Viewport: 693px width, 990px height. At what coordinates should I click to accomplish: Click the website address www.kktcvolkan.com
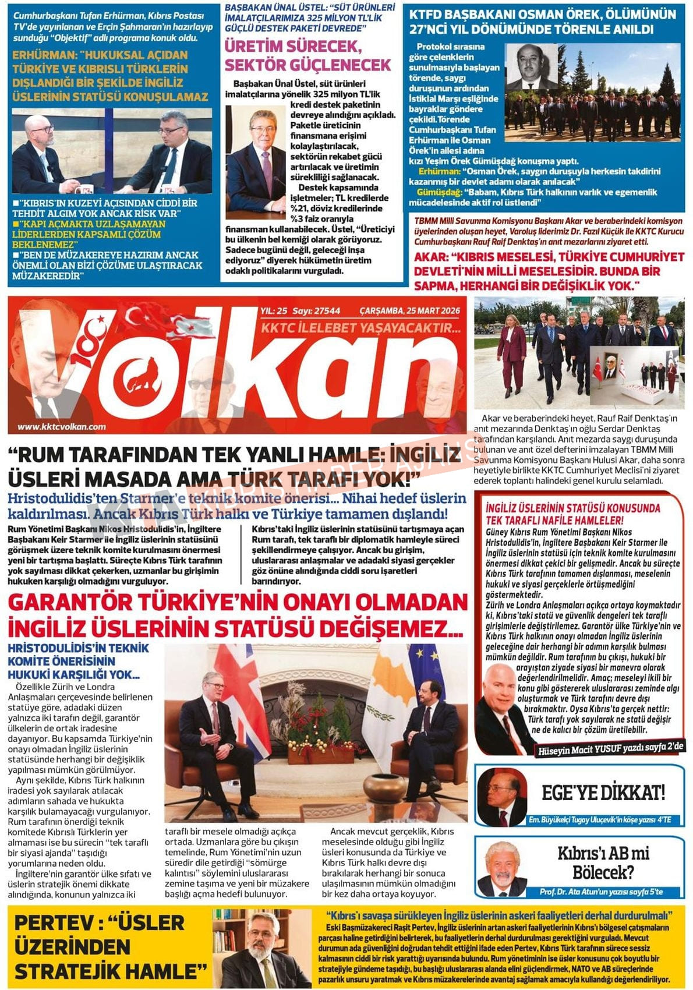(x=62, y=426)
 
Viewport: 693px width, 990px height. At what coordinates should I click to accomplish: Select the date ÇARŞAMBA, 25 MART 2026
(x=409, y=311)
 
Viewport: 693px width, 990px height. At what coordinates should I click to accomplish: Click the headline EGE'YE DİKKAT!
(x=603, y=793)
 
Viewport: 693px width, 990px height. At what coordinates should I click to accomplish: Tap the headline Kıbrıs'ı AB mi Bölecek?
(x=603, y=862)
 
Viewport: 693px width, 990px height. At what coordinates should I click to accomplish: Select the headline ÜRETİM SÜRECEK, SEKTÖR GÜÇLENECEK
(x=307, y=55)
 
